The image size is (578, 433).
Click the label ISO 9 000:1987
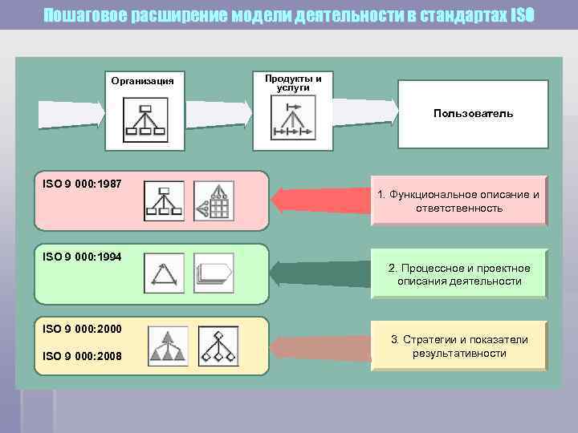82,184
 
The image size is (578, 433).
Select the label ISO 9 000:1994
82,257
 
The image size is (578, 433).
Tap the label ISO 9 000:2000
82,329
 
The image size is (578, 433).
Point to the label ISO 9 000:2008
82,355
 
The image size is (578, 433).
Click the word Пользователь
473,114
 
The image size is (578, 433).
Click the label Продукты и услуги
293,83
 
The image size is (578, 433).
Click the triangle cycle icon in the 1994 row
164,273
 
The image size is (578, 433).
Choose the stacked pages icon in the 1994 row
213,273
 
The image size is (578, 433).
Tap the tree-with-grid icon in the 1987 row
213,201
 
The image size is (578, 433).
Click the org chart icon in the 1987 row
164,201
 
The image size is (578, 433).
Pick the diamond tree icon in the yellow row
218,346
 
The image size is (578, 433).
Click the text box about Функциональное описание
458,200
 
